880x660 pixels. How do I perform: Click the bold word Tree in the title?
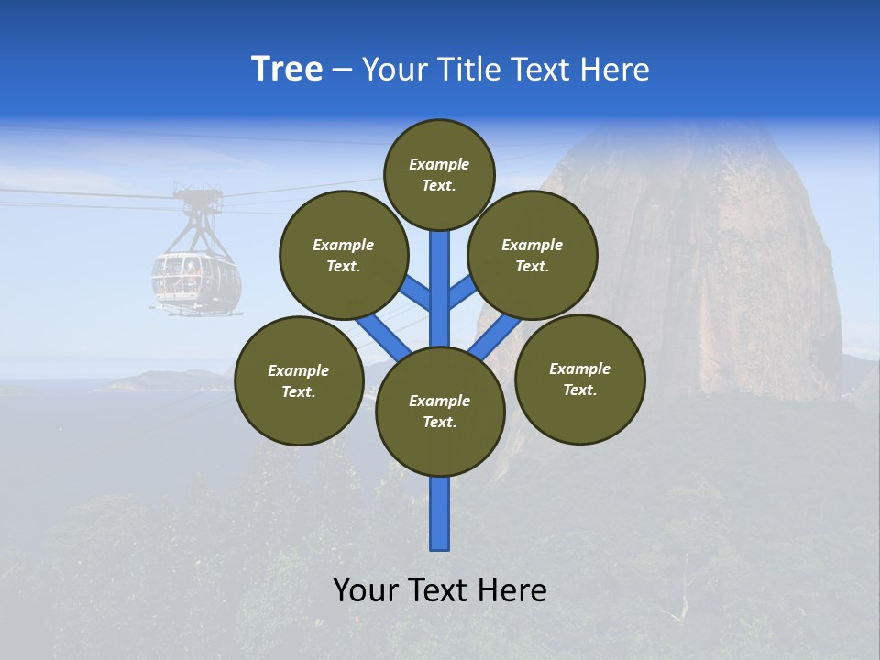tap(287, 70)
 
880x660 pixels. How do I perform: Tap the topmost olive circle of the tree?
tap(439, 174)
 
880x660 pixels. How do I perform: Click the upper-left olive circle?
tap(343, 255)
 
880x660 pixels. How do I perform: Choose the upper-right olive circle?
tap(533, 255)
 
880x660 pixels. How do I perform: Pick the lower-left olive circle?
tap(299, 380)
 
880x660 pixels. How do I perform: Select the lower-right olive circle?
tap(579, 379)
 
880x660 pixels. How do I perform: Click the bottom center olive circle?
tap(440, 412)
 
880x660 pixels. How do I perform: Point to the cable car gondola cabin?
tap(196, 280)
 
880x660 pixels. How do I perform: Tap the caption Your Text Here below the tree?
tap(440, 590)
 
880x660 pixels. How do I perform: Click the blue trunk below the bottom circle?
tap(440, 513)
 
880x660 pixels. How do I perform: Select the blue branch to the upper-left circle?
tap(415, 291)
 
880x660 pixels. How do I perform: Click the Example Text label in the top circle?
tap(439, 174)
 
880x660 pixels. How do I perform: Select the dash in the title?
tap(342, 71)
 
